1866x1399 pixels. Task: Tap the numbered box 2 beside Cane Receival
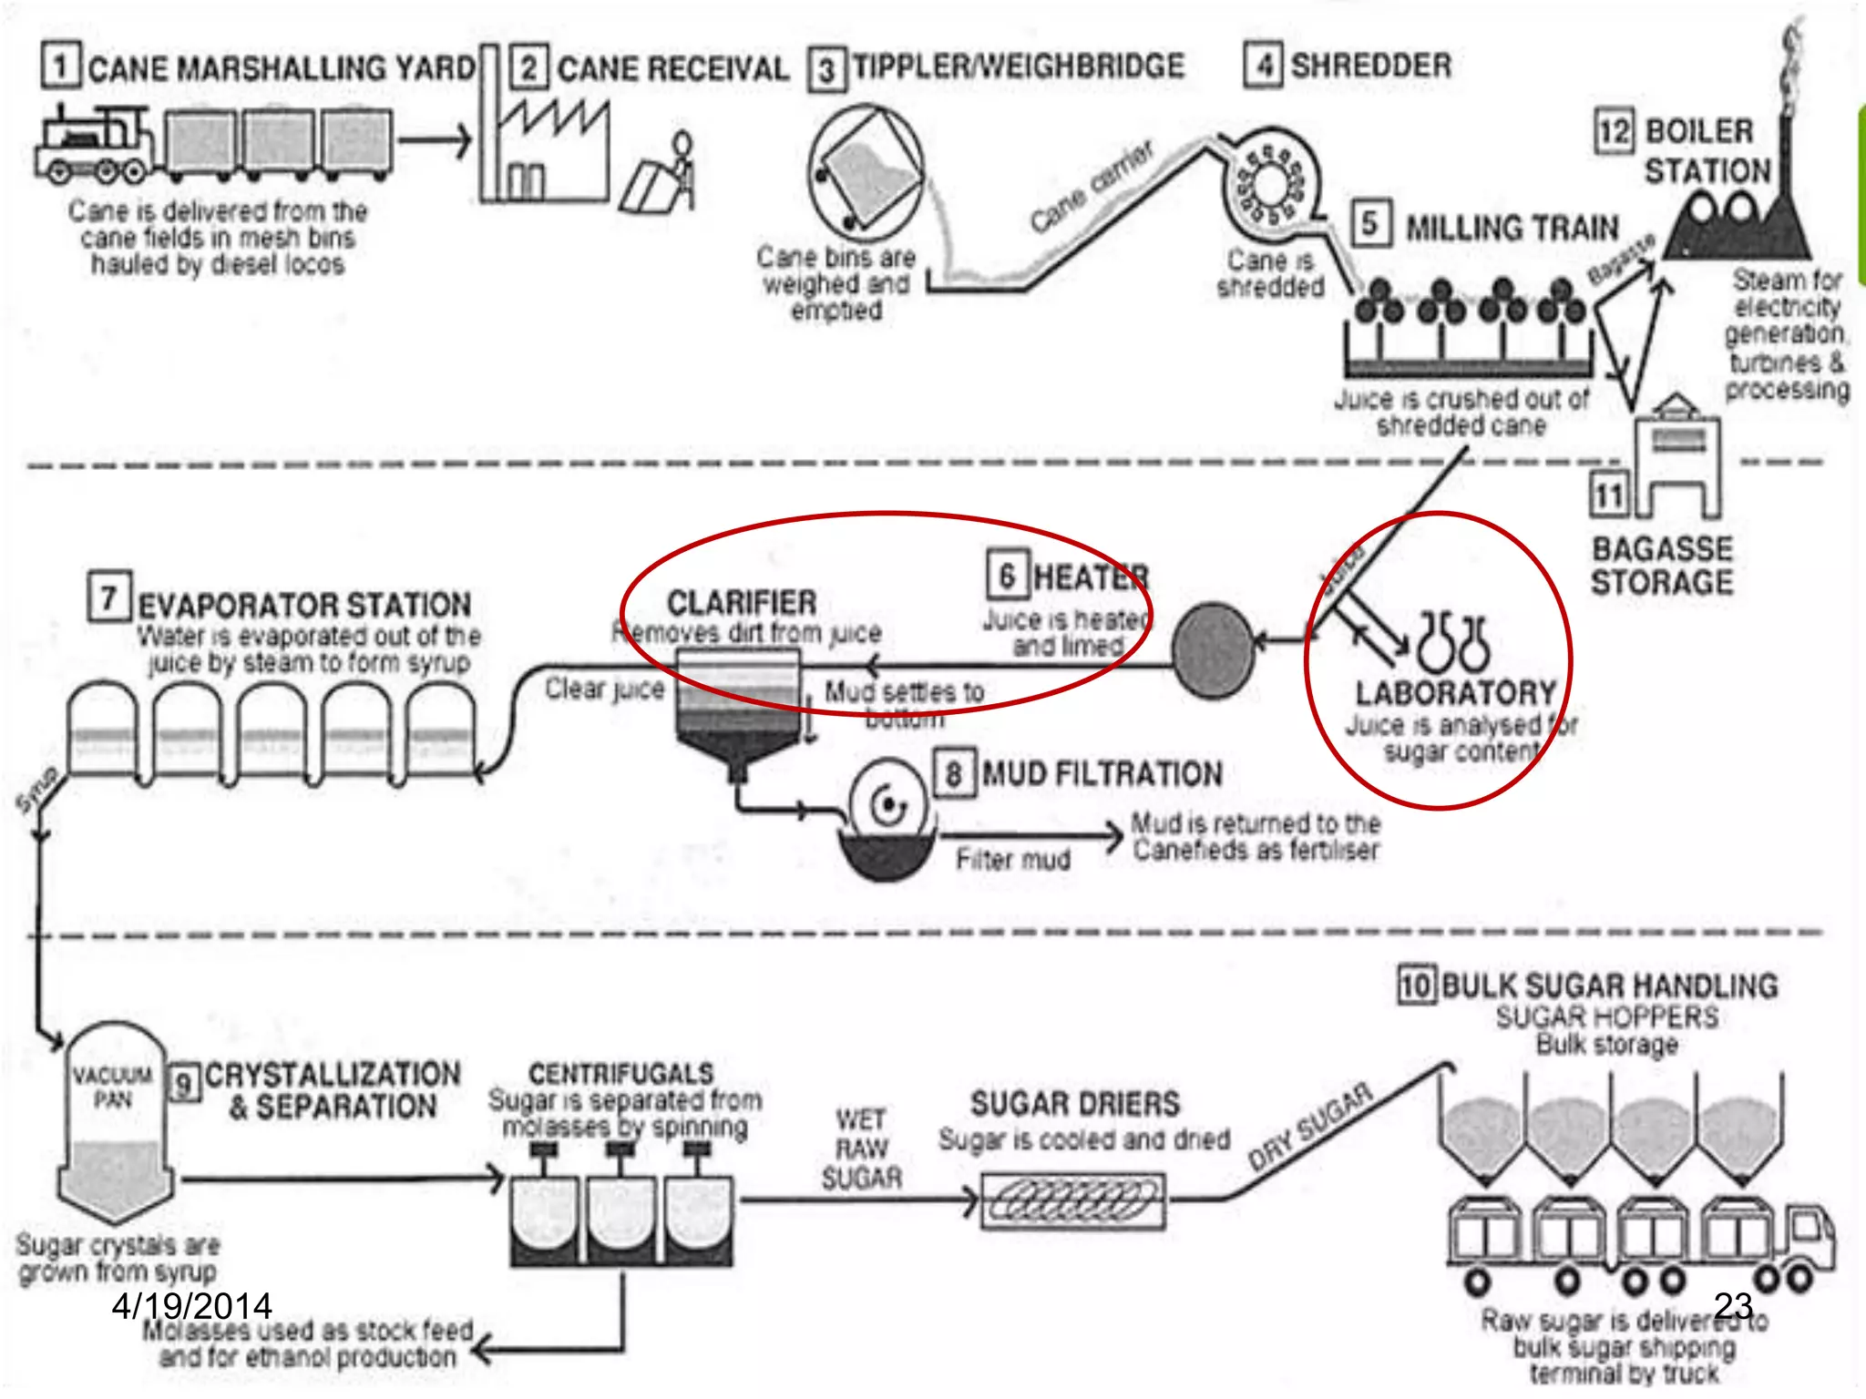(528, 67)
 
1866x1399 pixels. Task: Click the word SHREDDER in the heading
(1371, 66)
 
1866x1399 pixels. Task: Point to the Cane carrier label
(1092, 187)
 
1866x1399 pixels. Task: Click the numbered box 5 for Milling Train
(1369, 224)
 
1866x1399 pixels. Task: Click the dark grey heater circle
(1213, 649)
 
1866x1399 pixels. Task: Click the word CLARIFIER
(742, 603)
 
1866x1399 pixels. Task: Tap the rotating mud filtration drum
(888, 806)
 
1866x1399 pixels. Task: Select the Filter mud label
(1013, 860)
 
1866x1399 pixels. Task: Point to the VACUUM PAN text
(113, 1087)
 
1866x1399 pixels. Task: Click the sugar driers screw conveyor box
(1073, 1201)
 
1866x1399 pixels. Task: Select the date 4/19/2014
(191, 1306)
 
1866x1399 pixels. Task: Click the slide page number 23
(1733, 1305)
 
